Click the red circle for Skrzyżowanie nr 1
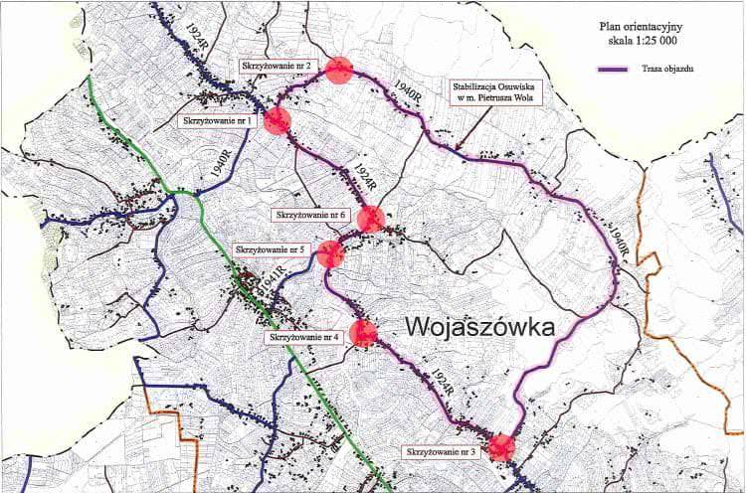pos(277,120)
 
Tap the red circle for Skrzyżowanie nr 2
pos(340,71)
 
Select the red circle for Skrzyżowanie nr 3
pos(502,447)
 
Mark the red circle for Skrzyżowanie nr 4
pos(364,334)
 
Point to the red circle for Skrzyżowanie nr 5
pos(330,254)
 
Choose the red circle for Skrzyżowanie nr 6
pos(371,219)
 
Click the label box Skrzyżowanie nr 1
pos(218,121)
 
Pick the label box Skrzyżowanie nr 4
pos(303,338)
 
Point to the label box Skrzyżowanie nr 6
pos(310,214)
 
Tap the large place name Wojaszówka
pos(477,328)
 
